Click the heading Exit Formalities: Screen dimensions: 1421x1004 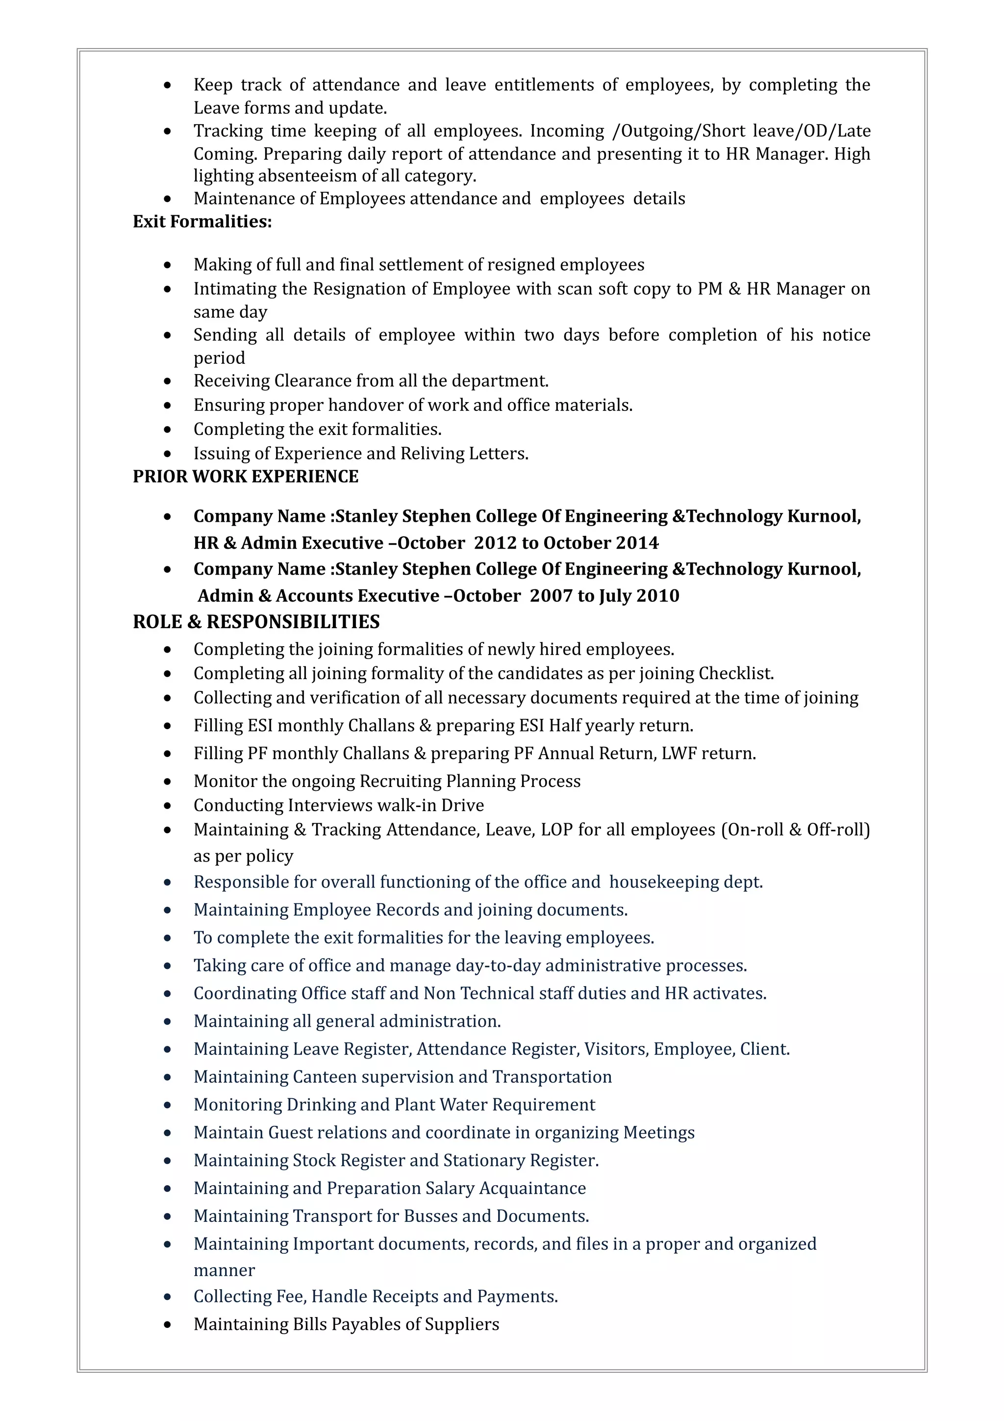(x=202, y=222)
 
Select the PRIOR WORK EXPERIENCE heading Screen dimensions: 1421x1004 (x=246, y=477)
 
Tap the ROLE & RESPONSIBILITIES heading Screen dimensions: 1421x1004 (x=256, y=622)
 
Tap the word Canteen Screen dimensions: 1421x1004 (x=324, y=1077)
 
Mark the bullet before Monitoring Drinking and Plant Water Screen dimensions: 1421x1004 (x=168, y=1105)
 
